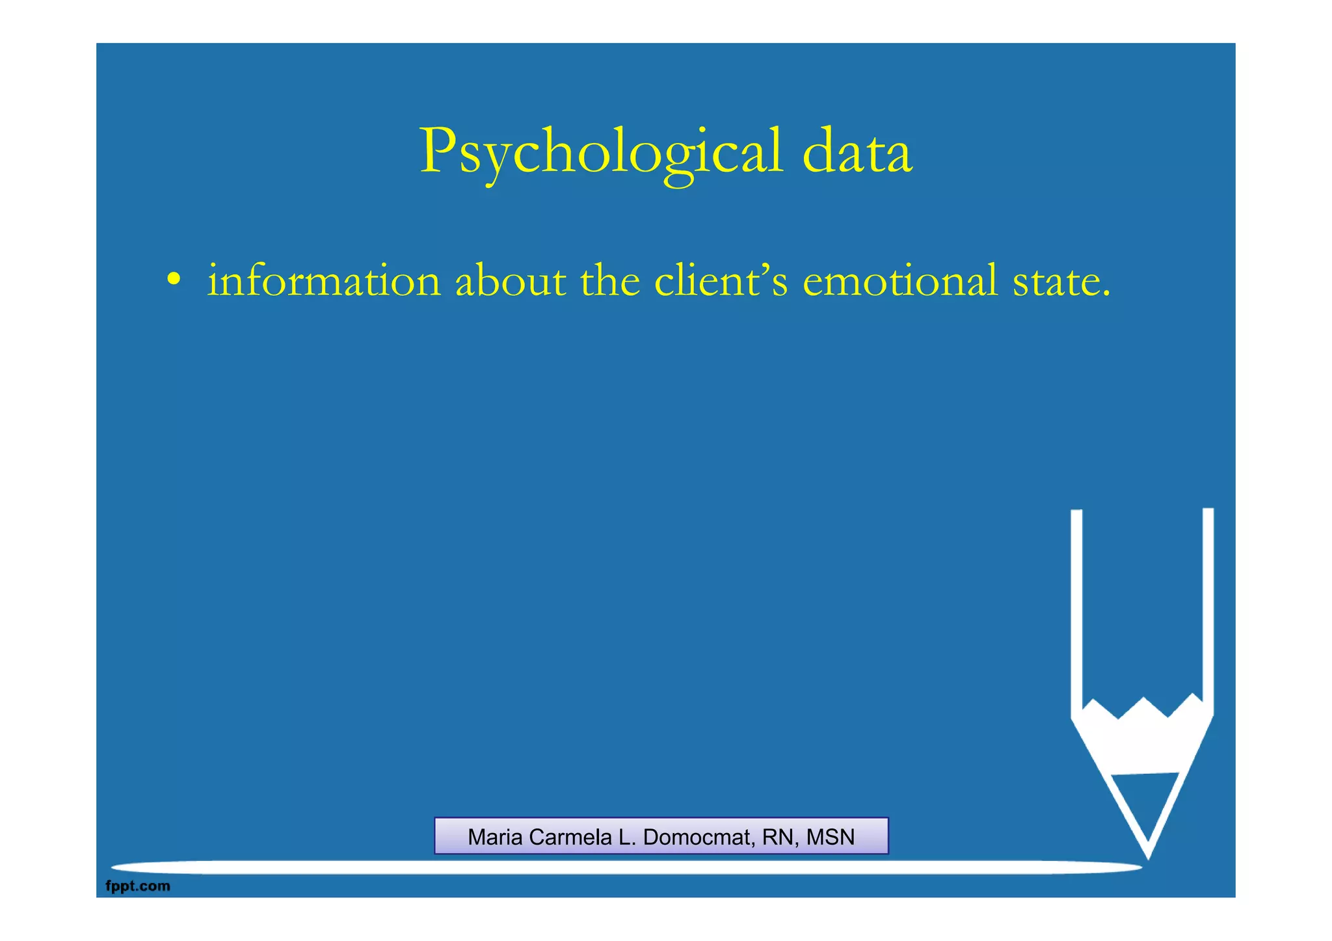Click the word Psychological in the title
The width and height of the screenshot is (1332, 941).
(x=601, y=152)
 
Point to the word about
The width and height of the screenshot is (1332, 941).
(x=510, y=282)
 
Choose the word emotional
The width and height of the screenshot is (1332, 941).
(x=900, y=282)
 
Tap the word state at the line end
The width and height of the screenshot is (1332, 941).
(x=1060, y=282)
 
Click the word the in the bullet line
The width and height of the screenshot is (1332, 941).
(x=610, y=281)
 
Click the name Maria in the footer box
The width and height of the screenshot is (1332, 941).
(x=495, y=837)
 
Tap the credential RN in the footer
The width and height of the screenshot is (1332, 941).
(x=777, y=837)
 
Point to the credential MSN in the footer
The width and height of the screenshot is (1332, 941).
(x=831, y=837)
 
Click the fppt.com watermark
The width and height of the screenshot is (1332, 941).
(x=138, y=886)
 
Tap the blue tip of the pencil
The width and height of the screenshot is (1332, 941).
(x=1147, y=803)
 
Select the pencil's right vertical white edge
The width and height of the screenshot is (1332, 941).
(x=1208, y=605)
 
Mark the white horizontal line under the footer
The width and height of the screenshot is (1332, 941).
(x=624, y=868)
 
